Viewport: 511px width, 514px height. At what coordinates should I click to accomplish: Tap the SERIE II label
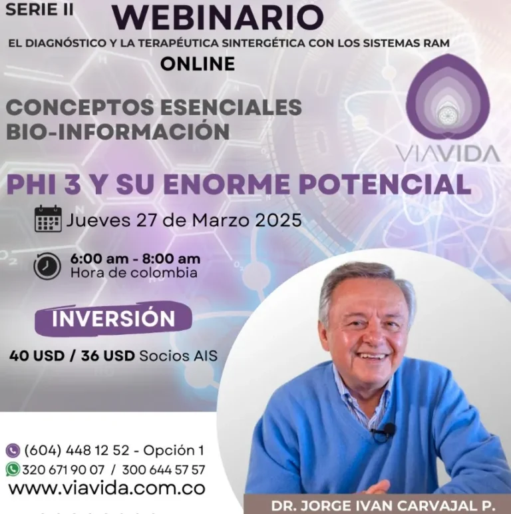point(40,9)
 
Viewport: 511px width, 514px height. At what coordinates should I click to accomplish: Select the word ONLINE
point(198,64)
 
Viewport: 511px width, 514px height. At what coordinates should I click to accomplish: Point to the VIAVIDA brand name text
point(448,154)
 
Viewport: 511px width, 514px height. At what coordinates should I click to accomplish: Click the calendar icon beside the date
point(48,218)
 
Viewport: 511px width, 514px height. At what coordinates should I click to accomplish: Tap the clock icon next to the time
point(47,266)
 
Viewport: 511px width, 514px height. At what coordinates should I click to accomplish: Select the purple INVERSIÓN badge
point(113,319)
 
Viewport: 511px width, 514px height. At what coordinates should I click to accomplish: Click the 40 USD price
point(37,356)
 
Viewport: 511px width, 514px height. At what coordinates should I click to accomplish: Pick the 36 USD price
point(108,356)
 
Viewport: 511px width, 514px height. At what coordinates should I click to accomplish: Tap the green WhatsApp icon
point(13,469)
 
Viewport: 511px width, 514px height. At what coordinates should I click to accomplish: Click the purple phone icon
point(13,450)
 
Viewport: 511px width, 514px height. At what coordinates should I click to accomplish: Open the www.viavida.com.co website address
point(106,489)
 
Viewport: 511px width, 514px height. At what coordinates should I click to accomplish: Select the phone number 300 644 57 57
point(164,470)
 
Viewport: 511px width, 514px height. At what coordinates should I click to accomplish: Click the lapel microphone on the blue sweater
point(388,429)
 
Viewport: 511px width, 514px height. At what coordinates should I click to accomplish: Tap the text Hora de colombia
point(134,273)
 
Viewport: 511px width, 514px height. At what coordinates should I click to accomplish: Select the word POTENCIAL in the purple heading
point(385,184)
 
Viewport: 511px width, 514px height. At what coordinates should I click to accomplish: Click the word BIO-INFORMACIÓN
point(118,132)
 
